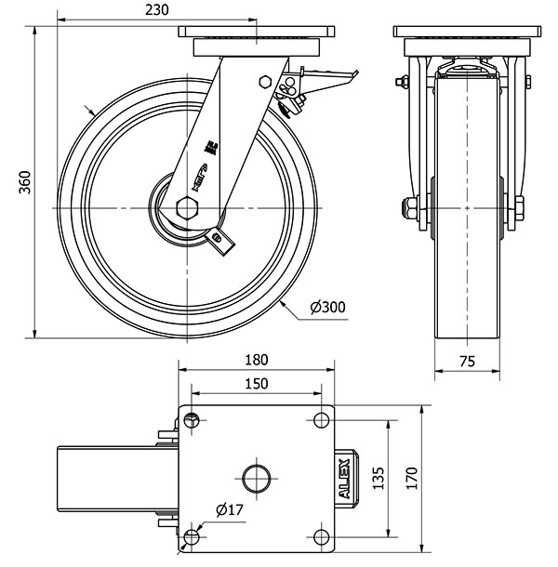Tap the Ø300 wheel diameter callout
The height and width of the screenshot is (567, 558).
(x=326, y=309)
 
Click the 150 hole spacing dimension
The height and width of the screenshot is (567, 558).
(x=257, y=383)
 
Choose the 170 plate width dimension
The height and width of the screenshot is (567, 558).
(x=409, y=478)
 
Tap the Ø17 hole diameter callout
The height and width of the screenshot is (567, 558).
(x=229, y=509)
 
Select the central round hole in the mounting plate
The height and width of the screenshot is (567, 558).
(x=256, y=479)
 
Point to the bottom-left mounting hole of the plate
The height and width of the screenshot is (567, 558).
(x=192, y=537)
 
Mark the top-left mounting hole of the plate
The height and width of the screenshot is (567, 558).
(x=192, y=419)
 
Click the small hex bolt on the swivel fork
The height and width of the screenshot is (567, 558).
(x=265, y=82)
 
